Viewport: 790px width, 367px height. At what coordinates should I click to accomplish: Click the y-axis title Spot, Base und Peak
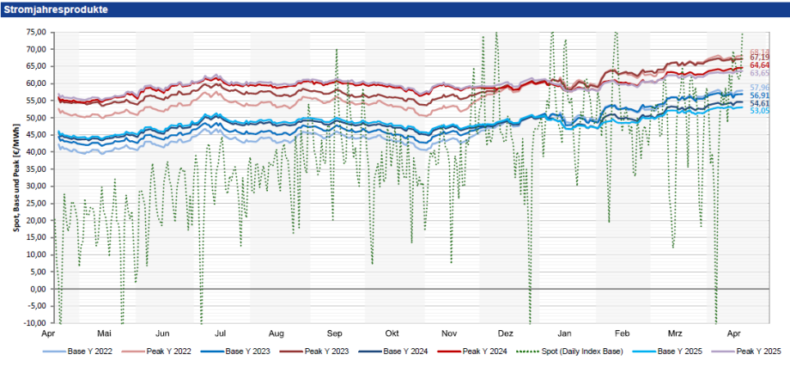[x=15, y=178]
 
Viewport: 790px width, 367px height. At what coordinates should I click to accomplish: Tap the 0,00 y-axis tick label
[x=37, y=289]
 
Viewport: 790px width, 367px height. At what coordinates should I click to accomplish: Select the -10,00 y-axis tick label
[x=33, y=323]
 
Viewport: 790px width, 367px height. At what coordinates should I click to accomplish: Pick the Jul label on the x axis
[x=220, y=333]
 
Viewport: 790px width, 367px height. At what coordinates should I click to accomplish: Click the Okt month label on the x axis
[x=392, y=333]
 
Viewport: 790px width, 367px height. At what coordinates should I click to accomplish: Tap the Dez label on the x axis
[x=505, y=333]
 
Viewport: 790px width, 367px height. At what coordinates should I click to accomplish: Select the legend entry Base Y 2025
[x=677, y=352]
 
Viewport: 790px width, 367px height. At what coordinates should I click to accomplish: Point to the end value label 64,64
[x=759, y=65]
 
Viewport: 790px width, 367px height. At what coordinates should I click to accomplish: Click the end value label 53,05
[x=759, y=111]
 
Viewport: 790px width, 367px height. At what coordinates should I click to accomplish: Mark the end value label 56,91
[x=759, y=95]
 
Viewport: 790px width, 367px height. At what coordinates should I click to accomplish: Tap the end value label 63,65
[x=759, y=74]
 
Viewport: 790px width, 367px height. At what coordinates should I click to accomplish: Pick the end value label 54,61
[x=759, y=103]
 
